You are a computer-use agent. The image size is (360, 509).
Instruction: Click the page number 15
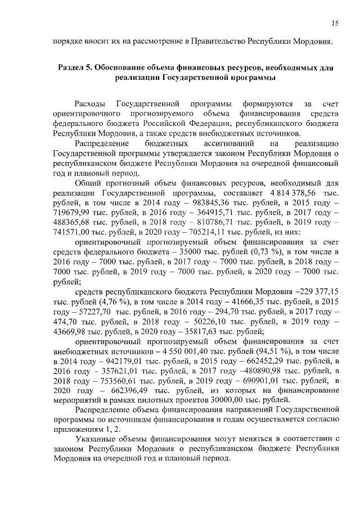coord(335,23)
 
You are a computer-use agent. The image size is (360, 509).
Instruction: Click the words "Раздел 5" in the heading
coord(75,67)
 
